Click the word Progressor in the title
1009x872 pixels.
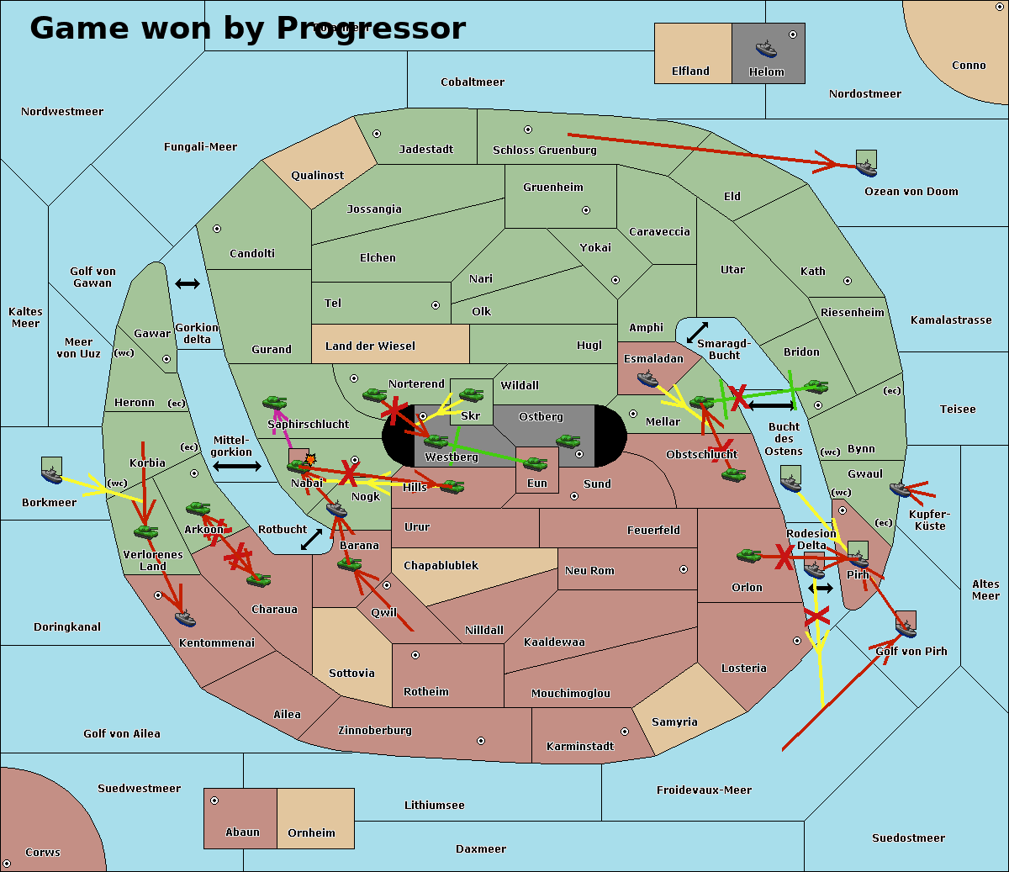tap(371, 29)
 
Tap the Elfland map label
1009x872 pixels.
tap(690, 71)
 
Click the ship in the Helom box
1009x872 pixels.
tap(766, 49)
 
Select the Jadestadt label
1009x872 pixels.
tap(425, 149)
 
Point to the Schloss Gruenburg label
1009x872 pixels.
tap(544, 151)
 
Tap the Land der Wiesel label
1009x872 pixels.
tap(370, 346)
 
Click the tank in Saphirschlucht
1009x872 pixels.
tap(274, 404)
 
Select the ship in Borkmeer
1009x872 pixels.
tap(51, 474)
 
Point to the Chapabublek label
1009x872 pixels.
tap(441, 565)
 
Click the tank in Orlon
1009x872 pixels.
tap(748, 556)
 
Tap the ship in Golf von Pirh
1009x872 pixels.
tap(906, 626)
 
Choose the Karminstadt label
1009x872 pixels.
tap(580, 746)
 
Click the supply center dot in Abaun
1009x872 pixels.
tap(214, 801)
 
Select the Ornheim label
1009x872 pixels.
tap(311, 832)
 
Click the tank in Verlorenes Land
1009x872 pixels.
tap(145, 531)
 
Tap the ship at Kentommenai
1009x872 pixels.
tap(185, 619)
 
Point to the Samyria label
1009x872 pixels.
tap(674, 721)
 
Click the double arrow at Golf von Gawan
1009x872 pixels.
tap(188, 284)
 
